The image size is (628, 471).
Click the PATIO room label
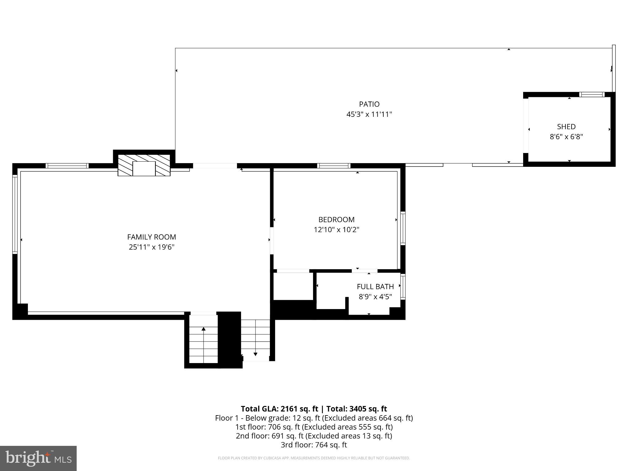click(369, 104)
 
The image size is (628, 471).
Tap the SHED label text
click(566, 127)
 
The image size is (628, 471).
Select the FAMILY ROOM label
click(151, 237)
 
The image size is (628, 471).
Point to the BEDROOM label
click(336, 220)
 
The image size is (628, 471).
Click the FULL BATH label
click(375, 287)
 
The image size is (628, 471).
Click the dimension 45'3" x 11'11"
click(369, 114)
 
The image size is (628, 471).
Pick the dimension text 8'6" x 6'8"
click(566, 137)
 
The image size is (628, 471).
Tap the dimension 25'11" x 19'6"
click(151, 247)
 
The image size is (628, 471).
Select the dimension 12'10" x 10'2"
click(336, 230)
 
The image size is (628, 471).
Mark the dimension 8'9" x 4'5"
click(375, 297)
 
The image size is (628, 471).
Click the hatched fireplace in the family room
click(144, 165)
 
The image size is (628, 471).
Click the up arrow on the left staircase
click(204, 329)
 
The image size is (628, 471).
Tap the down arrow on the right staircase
click(255, 354)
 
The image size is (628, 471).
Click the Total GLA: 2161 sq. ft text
click(279, 409)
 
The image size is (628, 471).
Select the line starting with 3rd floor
click(314, 445)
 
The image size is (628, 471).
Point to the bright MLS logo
click(38, 458)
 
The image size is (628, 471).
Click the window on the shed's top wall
click(592, 94)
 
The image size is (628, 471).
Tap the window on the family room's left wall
click(14, 214)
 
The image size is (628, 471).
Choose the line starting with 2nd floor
click(314, 436)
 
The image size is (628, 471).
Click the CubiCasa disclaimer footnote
click(314, 458)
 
